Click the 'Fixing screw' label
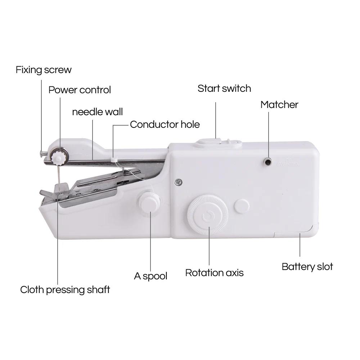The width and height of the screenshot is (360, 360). pyautogui.click(x=44, y=69)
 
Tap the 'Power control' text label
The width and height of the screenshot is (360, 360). pyautogui.click(x=80, y=90)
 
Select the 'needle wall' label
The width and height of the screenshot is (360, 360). pyautogui.click(x=97, y=112)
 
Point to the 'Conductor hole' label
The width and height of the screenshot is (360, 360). pyautogui.click(x=165, y=125)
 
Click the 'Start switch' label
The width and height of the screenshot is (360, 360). pyautogui.click(x=224, y=89)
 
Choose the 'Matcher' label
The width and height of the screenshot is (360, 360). pyautogui.click(x=279, y=105)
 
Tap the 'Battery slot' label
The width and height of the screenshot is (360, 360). pyautogui.click(x=307, y=267)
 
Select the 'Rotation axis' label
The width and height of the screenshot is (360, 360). pyautogui.click(x=214, y=273)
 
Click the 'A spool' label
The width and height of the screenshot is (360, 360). pyautogui.click(x=150, y=276)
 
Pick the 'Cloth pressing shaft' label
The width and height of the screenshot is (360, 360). pyautogui.click(x=65, y=289)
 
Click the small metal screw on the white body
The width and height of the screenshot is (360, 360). pyautogui.click(x=177, y=182)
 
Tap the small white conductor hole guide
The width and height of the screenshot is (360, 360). pyautogui.click(x=114, y=158)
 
